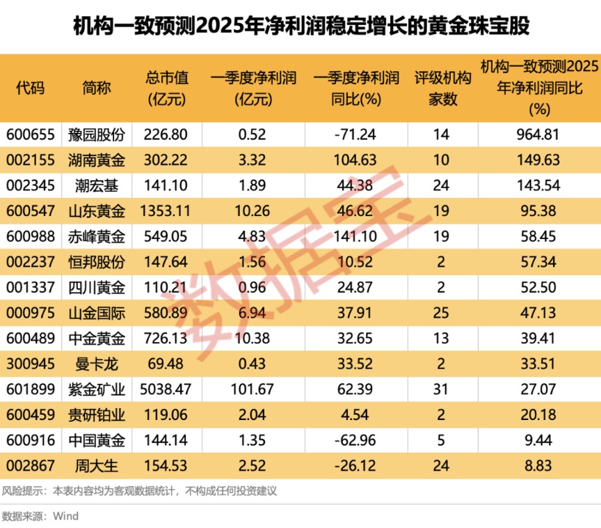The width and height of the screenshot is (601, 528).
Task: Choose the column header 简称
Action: (97, 88)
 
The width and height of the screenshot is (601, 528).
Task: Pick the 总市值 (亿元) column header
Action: (168, 88)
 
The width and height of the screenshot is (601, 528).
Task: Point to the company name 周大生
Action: (97, 463)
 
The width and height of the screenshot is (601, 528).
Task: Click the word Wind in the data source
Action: (66, 516)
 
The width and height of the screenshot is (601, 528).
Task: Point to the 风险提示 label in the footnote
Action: (21, 490)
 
